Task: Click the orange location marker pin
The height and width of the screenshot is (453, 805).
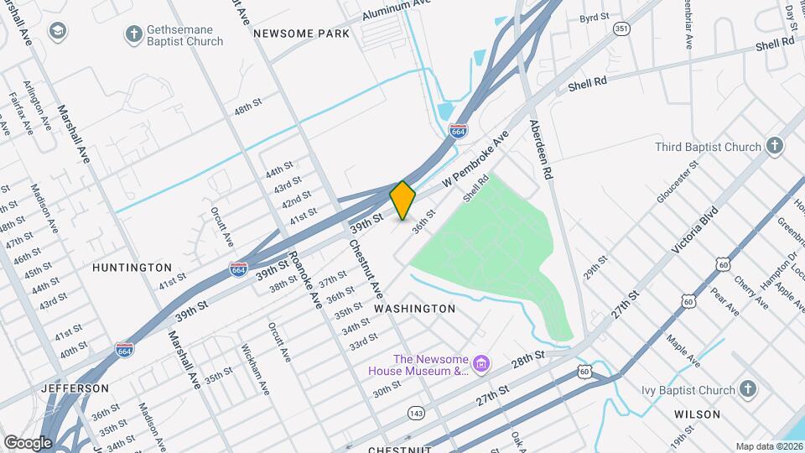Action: (x=403, y=200)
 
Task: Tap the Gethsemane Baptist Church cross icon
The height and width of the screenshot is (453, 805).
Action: (x=133, y=34)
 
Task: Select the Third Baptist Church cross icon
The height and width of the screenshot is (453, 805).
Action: (x=774, y=146)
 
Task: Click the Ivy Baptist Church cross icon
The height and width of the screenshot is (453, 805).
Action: (x=748, y=389)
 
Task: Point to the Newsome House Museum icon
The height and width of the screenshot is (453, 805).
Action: (x=480, y=364)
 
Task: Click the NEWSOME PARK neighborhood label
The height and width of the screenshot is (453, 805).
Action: (x=300, y=34)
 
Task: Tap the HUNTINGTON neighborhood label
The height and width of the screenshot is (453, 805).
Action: (x=132, y=267)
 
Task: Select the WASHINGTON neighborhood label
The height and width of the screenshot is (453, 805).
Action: (x=414, y=309)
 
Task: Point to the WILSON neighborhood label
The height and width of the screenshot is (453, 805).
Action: (x=697, y=414)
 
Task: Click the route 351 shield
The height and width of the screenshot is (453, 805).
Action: (x=621, y=29)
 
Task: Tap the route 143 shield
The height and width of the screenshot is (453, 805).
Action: (x=415, y=412)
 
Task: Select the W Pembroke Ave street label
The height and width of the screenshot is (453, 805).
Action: (x=475, y=159)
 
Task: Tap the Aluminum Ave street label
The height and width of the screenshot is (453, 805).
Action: (x=397, y=10)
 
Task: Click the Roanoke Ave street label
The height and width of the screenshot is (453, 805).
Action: (x=304, y=279)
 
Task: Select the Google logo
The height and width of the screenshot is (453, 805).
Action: (x=28, y=442)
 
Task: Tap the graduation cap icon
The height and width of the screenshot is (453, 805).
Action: (x=57, y=33)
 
